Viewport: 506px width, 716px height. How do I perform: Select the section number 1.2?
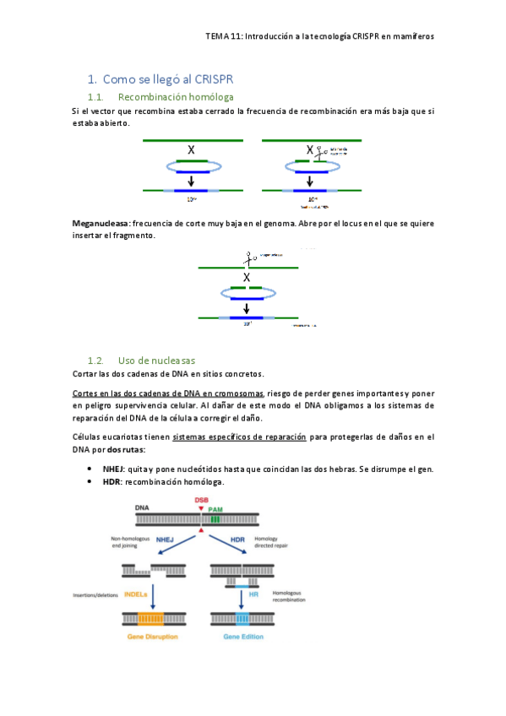[x=99, y=360]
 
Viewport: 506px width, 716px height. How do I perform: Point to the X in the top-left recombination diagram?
[x=192, y=149]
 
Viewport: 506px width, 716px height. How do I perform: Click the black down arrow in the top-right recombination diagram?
[x=311, y=180]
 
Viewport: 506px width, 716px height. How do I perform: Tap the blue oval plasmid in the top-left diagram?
[x=192, y=167]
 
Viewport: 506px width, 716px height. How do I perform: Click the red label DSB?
[x=201, y=500]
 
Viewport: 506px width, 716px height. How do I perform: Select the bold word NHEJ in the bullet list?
[x=114, y=468]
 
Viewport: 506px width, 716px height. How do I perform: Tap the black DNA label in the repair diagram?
[x=144, y=508]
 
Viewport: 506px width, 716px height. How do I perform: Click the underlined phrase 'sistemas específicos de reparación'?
[x=238, y=437]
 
